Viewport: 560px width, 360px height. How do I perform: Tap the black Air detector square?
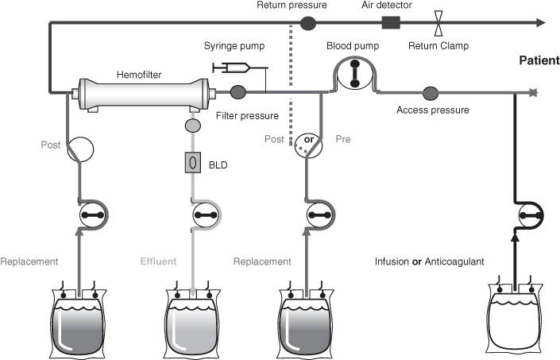click(x=391, y=22)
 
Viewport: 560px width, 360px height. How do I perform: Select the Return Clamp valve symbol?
click(x=438, y=22)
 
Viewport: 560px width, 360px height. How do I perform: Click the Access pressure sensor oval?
click(x=432, y=92)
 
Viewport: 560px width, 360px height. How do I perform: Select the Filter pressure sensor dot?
click(x=236, y=92)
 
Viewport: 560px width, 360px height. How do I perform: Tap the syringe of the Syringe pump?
click(x=233, y=68)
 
